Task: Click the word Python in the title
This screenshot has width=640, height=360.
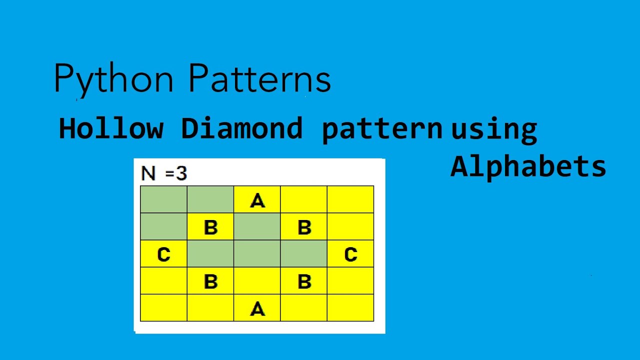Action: [x=113, y=79]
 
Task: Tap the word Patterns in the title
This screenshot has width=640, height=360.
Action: [x=260, y=79]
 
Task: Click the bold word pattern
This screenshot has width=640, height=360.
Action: [x=382, y=129]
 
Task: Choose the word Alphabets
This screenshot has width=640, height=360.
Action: [x=528, y=166]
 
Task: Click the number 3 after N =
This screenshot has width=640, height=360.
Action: [x=181, y=173]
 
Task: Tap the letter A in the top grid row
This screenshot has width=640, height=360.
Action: [x=257, y=200]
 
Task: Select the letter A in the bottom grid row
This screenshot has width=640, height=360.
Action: [x=257, y=308]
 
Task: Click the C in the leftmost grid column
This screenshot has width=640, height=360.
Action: [x=163, y=254]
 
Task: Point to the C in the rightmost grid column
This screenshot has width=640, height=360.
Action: [x=350, y=254]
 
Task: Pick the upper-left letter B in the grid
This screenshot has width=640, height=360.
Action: [x=210, y=227]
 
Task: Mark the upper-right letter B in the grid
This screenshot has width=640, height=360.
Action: [x=304, y=227]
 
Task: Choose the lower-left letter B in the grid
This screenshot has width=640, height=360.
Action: [x=210, y=281]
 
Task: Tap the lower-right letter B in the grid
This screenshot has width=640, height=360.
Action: [x=304, y=281]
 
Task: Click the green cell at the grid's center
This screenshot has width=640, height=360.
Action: [x=257, y=254]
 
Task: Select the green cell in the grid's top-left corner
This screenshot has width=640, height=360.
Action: [x=163, y=199]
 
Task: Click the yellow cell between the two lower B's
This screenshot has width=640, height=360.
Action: [x=257, y=281]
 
